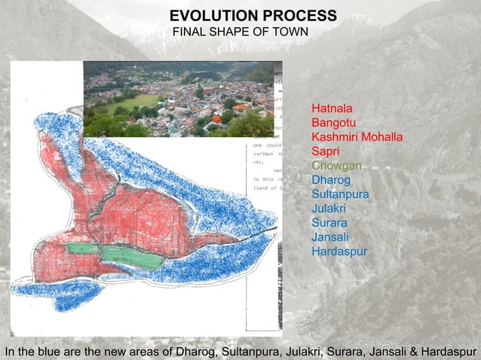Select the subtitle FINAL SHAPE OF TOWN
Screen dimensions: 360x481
tap(240, 32)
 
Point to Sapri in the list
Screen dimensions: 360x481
tap(326, 152)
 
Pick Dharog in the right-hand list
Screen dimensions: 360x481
tap(330, 180)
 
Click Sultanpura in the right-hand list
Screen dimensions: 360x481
tap(340, 194)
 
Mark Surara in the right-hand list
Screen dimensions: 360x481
tap(329, 223)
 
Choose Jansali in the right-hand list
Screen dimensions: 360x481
tap(330, 237)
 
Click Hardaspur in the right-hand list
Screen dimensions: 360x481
tap(339, 251)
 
